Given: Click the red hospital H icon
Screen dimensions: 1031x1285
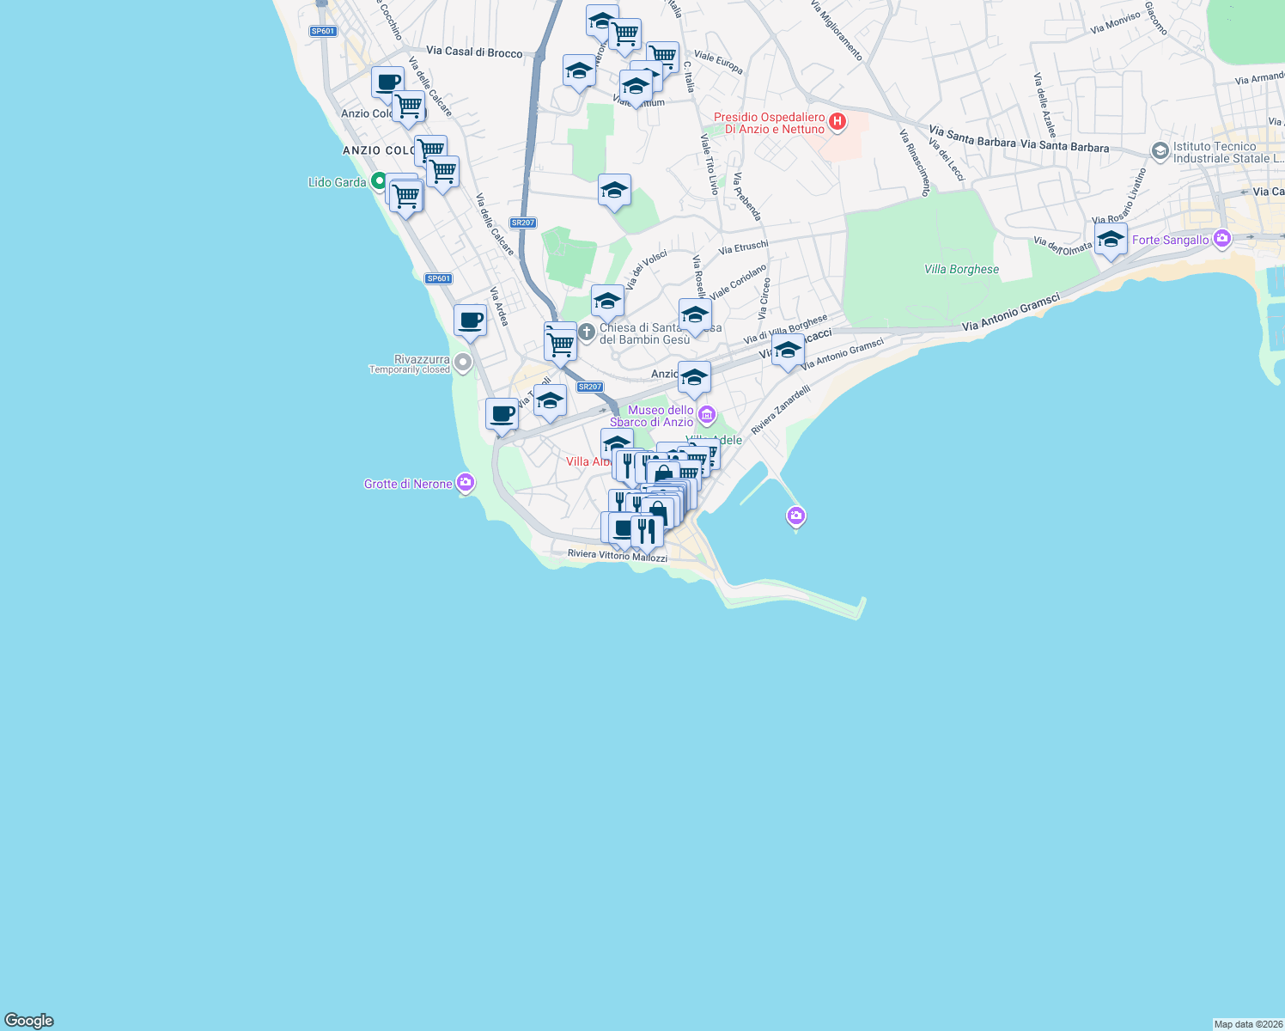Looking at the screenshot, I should point(837,123).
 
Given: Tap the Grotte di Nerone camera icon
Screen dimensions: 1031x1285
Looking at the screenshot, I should point(466,483).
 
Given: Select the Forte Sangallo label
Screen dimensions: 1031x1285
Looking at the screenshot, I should point(1170,240).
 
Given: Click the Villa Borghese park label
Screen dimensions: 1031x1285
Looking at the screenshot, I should point(961,269).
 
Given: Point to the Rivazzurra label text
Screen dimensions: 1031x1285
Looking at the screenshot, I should point(422,359).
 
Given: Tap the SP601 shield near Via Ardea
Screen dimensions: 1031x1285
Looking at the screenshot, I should point(438,278).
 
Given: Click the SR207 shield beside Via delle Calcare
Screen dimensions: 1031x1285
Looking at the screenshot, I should point(522,223).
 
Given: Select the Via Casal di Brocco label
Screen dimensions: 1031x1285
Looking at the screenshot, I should point(474,52).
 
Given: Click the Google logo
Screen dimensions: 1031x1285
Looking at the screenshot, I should point(29,1020).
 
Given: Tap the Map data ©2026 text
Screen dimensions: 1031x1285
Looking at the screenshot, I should point(1247,1024).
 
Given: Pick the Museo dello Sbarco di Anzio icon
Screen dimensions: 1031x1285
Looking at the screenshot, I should point(707,416).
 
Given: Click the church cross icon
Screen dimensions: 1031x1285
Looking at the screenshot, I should point(587,332).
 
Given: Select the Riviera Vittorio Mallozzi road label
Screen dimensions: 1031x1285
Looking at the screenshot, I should point(617,555).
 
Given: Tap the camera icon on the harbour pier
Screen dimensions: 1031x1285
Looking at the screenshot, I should point(795,515).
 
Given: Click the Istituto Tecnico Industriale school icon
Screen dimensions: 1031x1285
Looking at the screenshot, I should point(1160,152).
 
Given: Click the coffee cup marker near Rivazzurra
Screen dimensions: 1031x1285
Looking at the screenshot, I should point(470,321).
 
